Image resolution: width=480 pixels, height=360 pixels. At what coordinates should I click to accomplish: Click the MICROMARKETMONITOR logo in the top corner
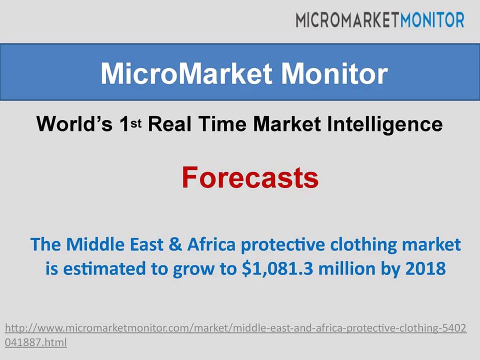pyautogui.click(x=379, y=19)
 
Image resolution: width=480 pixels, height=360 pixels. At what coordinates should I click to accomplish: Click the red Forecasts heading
pyautogui.click(x=249, y=177)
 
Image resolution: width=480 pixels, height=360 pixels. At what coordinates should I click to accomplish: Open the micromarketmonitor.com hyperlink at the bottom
pyautogui.click(x=235, y=328)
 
